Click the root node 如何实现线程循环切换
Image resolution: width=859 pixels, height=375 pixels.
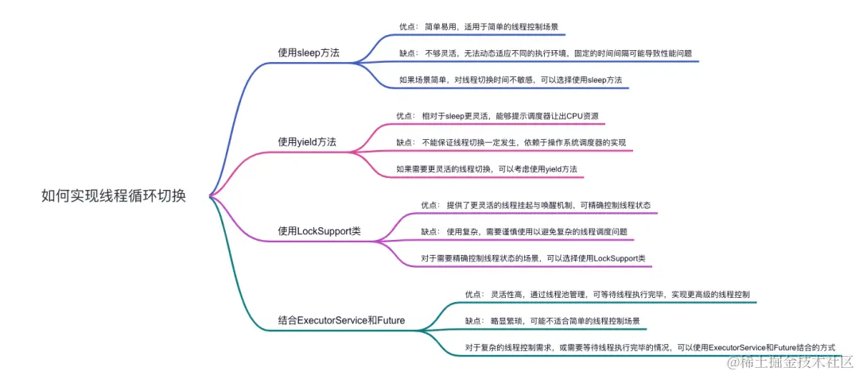[114, 196]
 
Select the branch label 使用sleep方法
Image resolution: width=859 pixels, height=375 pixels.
[309, 52]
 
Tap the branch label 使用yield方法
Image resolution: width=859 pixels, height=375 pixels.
[307, 141]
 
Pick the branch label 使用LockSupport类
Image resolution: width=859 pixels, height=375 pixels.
[319, 231]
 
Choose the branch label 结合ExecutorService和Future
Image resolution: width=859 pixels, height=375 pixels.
[341, 320]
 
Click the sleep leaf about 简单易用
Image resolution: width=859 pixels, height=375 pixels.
[482, 26]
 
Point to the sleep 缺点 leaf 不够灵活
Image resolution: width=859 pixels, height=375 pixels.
[546, 53]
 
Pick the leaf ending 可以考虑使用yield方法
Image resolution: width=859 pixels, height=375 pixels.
[486, 169]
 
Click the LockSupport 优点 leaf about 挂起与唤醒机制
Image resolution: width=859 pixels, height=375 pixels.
[536, 204]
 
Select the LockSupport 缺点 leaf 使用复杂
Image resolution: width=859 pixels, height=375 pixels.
[524, 231]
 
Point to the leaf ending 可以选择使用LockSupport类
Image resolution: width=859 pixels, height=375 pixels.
[533, 258]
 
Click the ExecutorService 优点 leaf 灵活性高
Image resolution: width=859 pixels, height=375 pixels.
[607, 294]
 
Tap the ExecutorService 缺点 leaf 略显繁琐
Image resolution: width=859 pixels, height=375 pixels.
[552, 321]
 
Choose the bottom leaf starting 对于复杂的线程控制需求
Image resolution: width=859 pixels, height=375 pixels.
[650, 347]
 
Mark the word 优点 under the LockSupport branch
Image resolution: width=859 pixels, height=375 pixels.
[429, 204]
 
